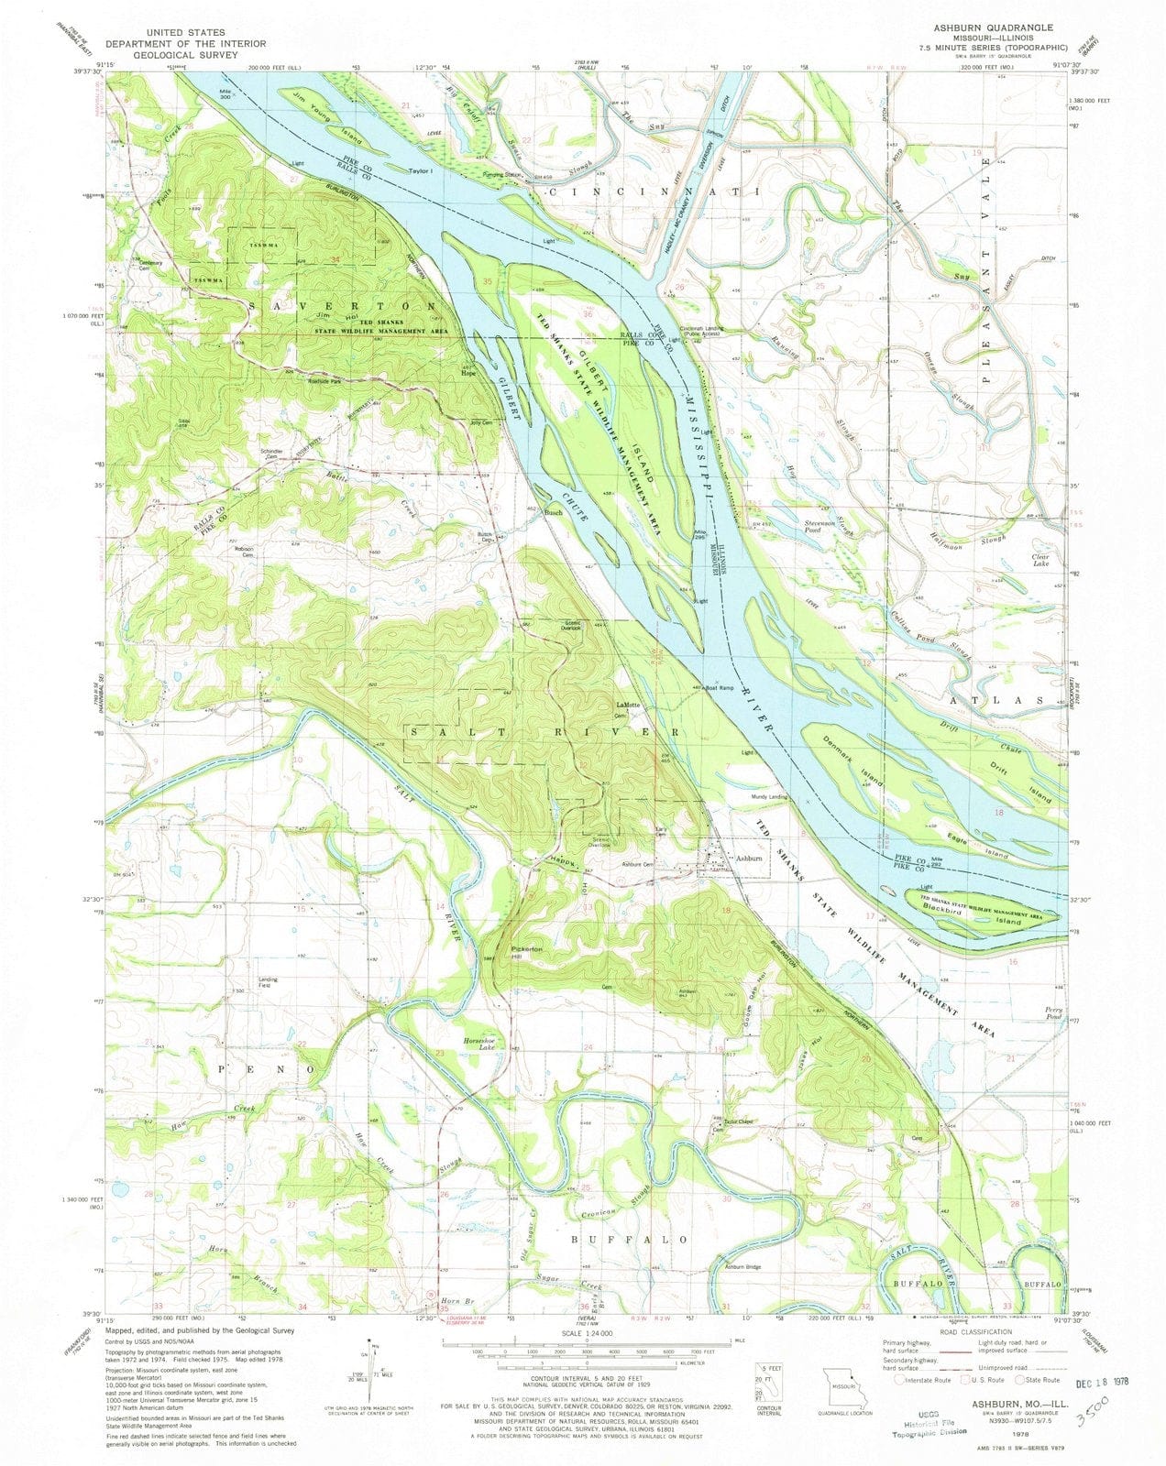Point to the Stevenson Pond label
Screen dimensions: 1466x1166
coord(819,527)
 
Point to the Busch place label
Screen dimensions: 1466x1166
coord(554,513)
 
